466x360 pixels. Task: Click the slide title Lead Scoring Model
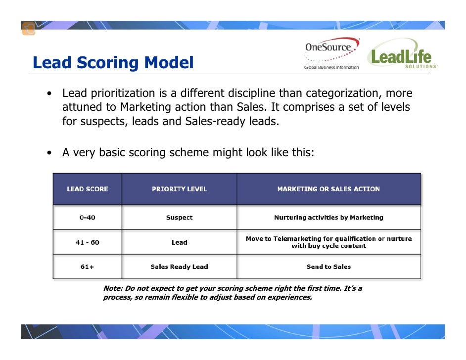[113, 63]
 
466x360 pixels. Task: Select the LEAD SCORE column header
[88, 189]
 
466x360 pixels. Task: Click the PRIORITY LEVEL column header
[179, 189]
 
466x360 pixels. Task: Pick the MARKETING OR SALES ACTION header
[328, 189]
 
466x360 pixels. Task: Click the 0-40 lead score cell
[88, 218]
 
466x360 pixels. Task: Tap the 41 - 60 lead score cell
[88, 242]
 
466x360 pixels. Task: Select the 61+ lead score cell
[88, 267]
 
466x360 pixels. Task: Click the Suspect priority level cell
[179, 218]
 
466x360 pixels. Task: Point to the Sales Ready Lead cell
[179, 267]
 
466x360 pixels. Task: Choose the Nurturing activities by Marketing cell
[328, 218]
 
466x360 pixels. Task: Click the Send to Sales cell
[328, 267]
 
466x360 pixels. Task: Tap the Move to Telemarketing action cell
[328, 242]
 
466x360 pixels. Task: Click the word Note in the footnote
[112, 288]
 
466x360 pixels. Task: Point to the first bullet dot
[50, 94]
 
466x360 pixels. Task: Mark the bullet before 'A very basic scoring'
[50, 153]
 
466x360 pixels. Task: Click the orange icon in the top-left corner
[29, 29]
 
